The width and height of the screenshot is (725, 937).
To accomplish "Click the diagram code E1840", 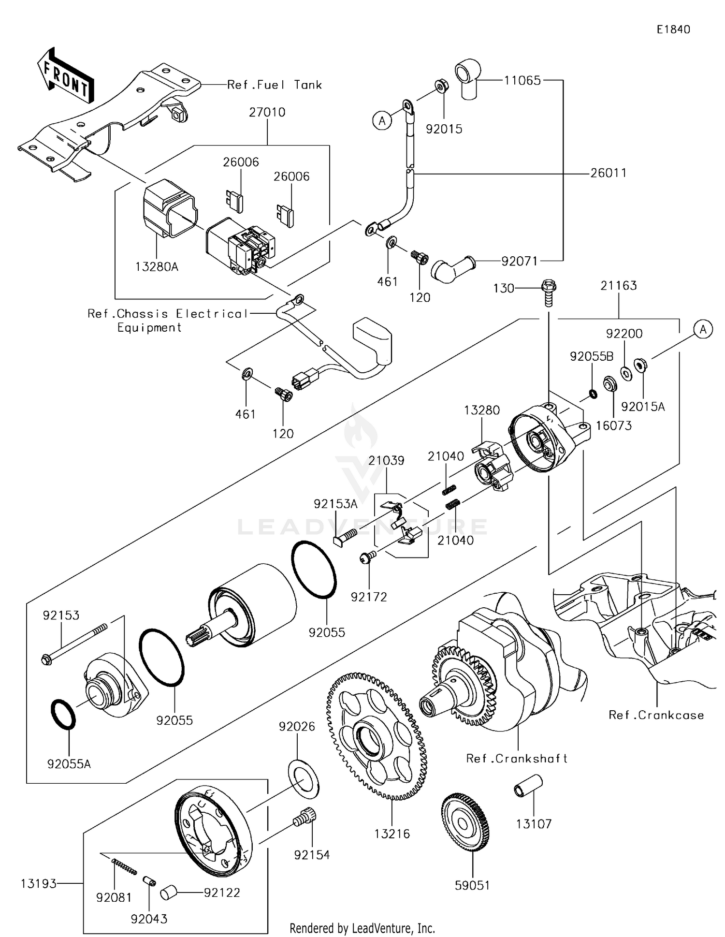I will pos(673,29).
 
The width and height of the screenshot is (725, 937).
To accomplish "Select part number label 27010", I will pos(267,112).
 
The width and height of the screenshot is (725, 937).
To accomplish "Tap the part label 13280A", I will pos(157,266).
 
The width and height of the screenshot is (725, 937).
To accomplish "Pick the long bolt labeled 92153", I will pos(75,643).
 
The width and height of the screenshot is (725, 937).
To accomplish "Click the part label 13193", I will pos(39,883).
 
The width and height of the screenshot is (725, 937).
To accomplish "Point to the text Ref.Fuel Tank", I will pos(274,85).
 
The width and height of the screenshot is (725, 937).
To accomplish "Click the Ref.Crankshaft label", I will pos(517,758).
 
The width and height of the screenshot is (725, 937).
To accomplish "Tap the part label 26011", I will pos(608,173).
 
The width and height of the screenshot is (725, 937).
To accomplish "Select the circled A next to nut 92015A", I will pos(703,330).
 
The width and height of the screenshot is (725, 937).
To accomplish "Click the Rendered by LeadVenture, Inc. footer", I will pos(362,928).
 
